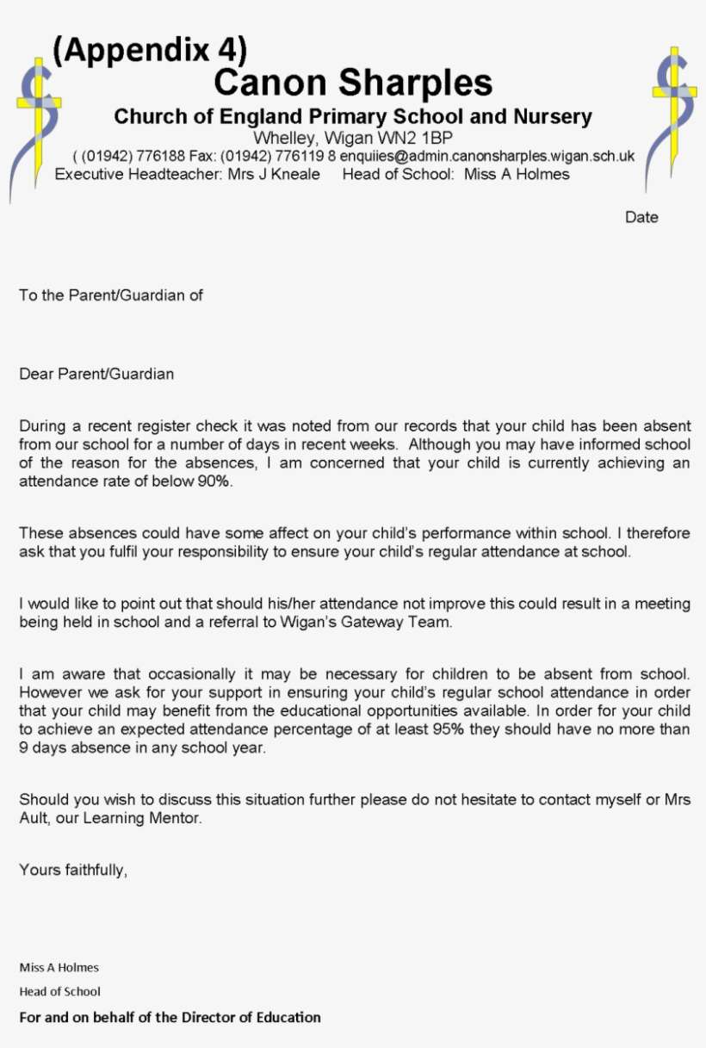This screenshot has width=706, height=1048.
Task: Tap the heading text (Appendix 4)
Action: tap(150, 52)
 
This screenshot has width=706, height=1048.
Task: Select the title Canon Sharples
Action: tap(353, 84)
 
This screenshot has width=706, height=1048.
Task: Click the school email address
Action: tap(487, 157)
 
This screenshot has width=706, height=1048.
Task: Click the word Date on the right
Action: tap(641, 217)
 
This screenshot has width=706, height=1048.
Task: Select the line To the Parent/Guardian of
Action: tap(111, 295)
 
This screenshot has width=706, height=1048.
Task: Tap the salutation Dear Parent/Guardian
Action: tap(96, 374)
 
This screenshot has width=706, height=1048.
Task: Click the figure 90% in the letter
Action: tap(212, 481)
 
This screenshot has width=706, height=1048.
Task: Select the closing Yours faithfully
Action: tap(73, 870)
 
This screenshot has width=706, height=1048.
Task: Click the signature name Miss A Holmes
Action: tap(59, 967)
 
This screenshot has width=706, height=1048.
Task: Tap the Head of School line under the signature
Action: tap(59, 991)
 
